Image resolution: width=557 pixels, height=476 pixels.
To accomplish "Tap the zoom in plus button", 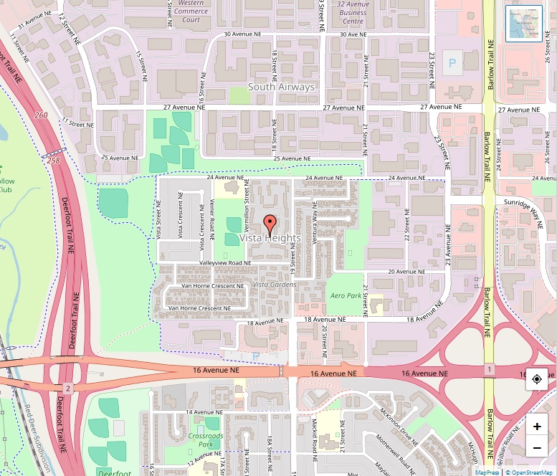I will click(x=537, y=426).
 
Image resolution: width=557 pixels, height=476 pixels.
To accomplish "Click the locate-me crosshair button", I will click(x=537, y=379).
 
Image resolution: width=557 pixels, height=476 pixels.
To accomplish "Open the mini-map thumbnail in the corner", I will click(x=524, y=24).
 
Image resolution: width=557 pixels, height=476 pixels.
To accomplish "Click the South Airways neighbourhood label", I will click(x=281, y=87).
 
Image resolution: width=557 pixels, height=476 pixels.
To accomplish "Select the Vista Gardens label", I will click(x=275, y=285).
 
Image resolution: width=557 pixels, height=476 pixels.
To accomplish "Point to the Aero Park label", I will click(x=346, y=295).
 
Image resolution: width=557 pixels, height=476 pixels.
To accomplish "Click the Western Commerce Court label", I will click(x=191, y=11).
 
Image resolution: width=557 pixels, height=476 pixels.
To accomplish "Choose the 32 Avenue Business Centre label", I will click(x=353, y=11).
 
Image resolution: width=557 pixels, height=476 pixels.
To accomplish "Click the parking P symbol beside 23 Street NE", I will click(x=452, y=63).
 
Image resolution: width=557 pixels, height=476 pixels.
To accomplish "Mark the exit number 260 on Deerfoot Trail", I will click(x=41, y=115).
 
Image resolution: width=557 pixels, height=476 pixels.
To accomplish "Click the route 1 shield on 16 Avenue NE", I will click(x=489, y=369).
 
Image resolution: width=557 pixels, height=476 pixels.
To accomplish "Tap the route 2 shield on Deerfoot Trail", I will click(x=67, y=388).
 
